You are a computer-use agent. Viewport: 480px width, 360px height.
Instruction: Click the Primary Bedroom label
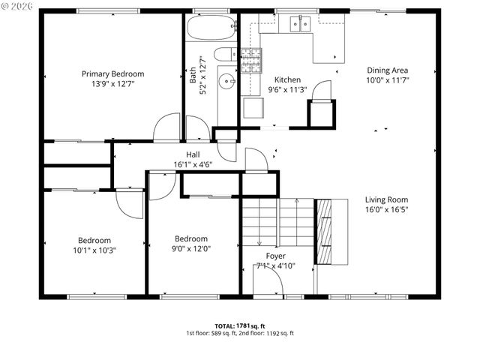click(112, 73)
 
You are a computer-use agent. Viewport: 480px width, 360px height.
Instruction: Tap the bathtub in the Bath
click(211, 29)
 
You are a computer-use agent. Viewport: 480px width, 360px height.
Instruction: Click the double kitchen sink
click(301, 25)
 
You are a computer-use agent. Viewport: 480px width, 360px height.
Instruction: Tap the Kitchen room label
click(287, 79)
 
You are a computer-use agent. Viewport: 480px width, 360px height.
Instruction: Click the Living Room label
click(386, 199)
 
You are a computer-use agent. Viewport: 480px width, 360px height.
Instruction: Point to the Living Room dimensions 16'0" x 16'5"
click(386, 210)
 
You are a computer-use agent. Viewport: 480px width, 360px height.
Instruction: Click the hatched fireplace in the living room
click(325, 232)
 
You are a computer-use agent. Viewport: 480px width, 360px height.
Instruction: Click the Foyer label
click(276, 256)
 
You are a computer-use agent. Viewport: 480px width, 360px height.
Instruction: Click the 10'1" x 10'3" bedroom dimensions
click(94, 250)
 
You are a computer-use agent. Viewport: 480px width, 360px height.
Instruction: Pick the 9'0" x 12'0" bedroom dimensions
click(190, 248)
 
